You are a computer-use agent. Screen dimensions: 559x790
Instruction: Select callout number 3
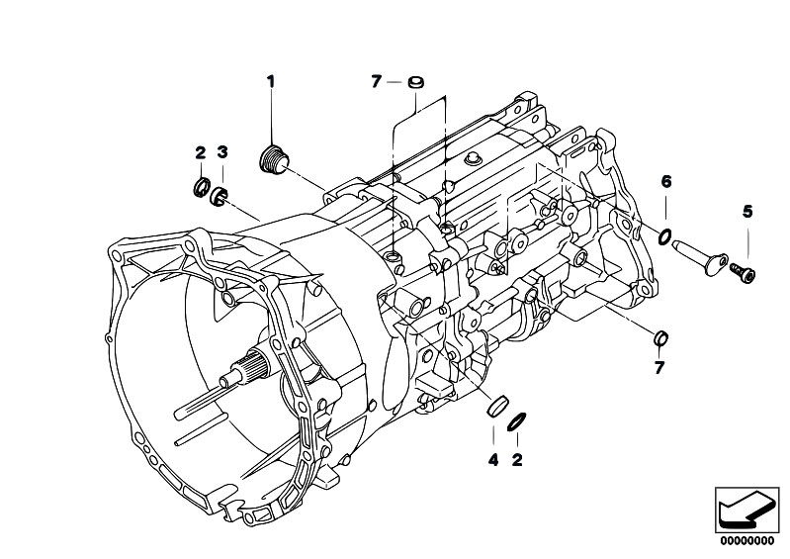pos(222,151)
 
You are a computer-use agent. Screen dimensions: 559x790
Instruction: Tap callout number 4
pos(492,458)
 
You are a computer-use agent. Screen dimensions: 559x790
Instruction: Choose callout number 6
pos(665,181)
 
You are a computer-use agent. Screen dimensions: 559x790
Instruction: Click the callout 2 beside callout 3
pos(200,151)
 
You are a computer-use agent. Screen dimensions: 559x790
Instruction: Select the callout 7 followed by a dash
pos(376,82)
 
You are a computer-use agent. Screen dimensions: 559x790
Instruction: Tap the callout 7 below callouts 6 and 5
pos(659,368)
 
